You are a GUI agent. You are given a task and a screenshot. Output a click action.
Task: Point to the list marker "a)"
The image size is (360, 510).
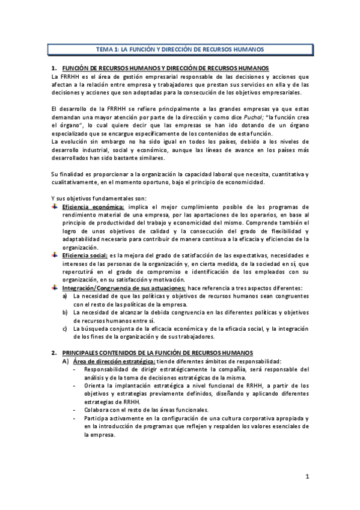(65, 296)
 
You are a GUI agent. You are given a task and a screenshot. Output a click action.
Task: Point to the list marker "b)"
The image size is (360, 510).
(65, 313)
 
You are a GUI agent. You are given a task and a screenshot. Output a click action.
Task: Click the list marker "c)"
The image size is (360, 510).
(65, 329)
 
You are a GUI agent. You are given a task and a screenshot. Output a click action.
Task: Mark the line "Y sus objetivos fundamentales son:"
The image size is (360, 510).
(94, 199)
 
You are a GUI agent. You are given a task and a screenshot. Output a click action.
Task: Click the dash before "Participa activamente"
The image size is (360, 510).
(73, 418)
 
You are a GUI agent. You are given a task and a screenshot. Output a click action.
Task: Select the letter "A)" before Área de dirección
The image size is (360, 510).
(65, 360)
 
